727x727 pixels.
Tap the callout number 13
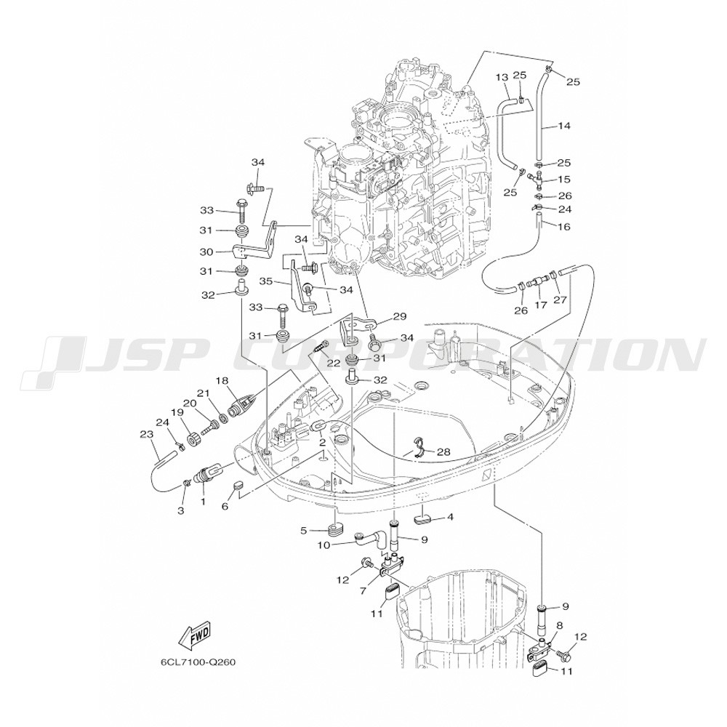tap(502, 77)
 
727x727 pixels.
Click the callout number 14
tap(564, 126)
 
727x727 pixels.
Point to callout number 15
tap(564, 179)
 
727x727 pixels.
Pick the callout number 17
tap(539, 306)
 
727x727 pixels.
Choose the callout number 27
tap(559, 299)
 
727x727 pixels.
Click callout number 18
tap(221, 380)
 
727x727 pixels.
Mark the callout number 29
tap(399, 316)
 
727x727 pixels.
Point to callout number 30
tap(206, 252)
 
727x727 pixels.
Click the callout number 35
tap(266, 280)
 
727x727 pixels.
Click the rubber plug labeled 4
tap(422, 519)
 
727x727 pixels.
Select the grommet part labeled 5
tap(333, 528)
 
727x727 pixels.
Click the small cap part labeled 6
tap(237, 486)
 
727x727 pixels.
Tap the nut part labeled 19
tap(194, 440)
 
